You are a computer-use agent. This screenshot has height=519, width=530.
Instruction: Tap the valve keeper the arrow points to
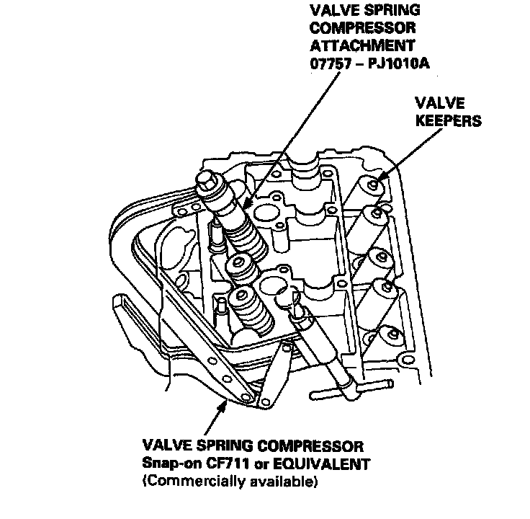pyautogui.click(x=372, y=185)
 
